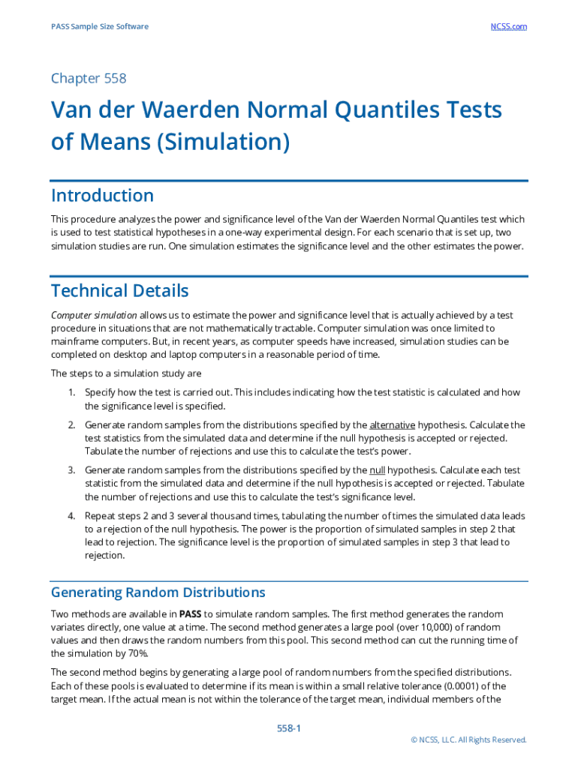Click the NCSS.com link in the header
pos(508,26)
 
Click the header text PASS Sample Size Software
pos(100,26)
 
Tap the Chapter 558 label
pos(89,78)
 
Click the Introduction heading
pos(102,196)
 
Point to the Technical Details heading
pos(119,290)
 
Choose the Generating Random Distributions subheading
pos(158,592)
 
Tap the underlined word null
pos(378,469)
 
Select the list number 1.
pos(71,392)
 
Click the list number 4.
pos(71,516)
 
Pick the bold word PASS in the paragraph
pos(190,613)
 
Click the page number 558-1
pos(289,729)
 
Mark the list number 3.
pos(71,469)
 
